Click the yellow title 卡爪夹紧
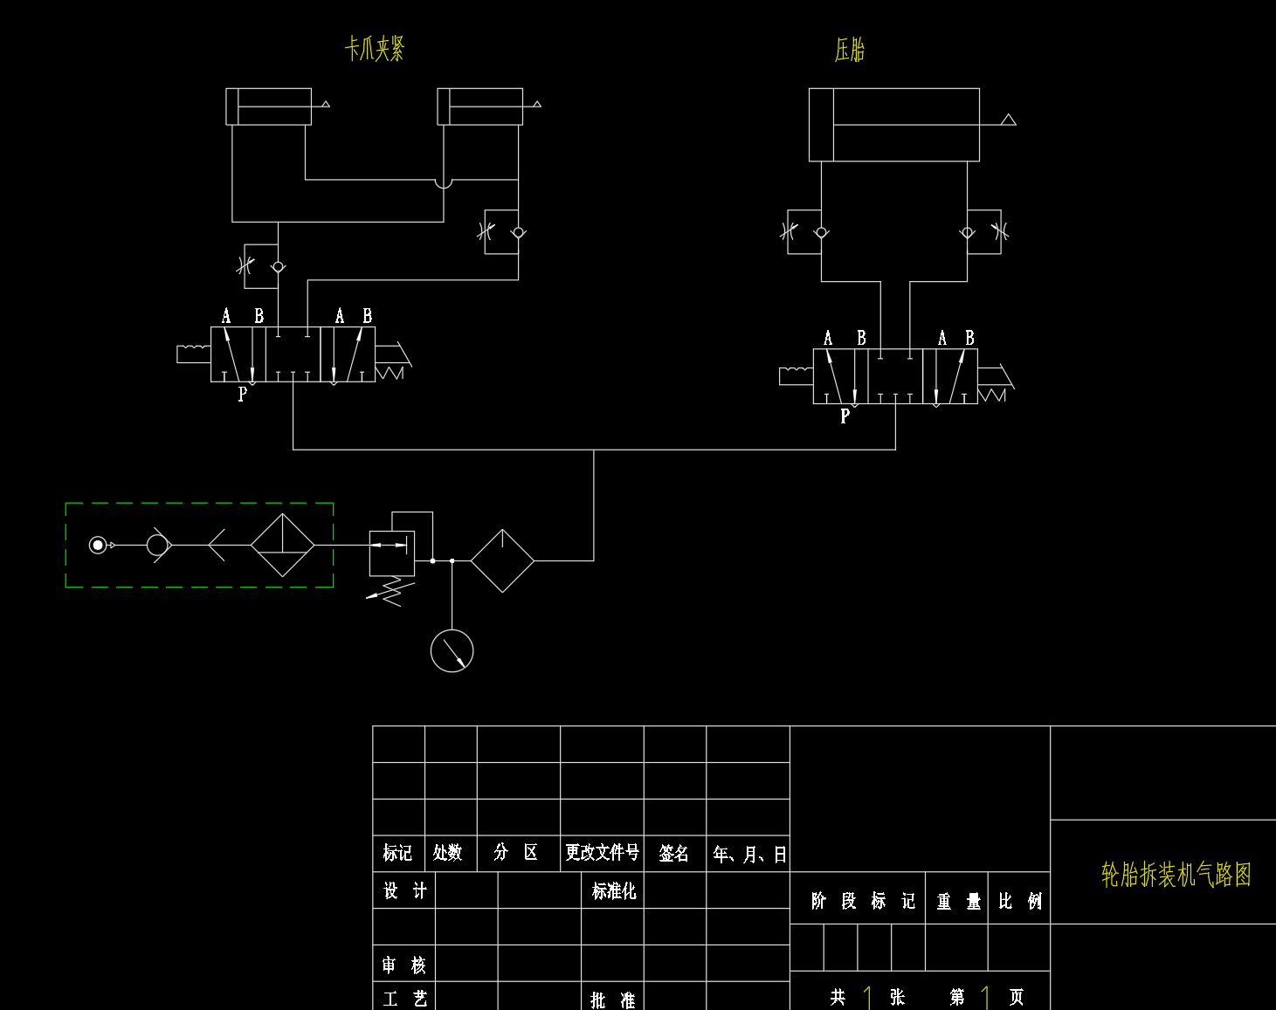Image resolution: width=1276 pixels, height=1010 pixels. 375,49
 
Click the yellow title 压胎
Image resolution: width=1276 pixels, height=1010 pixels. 849,50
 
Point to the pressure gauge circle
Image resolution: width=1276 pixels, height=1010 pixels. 452,651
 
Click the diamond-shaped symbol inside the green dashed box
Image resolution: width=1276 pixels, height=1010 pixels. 282,545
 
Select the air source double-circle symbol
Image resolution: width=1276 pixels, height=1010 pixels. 98,545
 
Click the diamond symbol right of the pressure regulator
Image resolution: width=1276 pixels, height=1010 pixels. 502,560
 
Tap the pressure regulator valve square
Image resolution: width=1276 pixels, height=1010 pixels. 391,553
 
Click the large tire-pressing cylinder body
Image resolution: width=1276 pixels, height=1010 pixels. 893,125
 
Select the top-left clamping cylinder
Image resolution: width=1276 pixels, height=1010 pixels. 268,106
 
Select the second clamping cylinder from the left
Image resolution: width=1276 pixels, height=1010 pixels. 479,106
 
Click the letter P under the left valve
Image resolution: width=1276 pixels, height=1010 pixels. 242,395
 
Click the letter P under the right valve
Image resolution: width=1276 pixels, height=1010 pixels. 845,416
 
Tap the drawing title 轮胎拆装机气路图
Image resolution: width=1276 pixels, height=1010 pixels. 1176,874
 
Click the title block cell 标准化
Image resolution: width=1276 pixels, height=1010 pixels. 613,891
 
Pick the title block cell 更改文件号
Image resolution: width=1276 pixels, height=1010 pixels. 602,852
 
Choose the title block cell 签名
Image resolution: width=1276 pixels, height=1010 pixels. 673,853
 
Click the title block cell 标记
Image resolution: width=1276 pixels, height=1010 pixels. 397,852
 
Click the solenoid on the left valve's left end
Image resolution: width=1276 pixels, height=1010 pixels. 193,354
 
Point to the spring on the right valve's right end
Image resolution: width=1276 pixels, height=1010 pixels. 993,395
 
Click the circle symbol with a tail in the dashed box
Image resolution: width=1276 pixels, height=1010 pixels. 158,545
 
